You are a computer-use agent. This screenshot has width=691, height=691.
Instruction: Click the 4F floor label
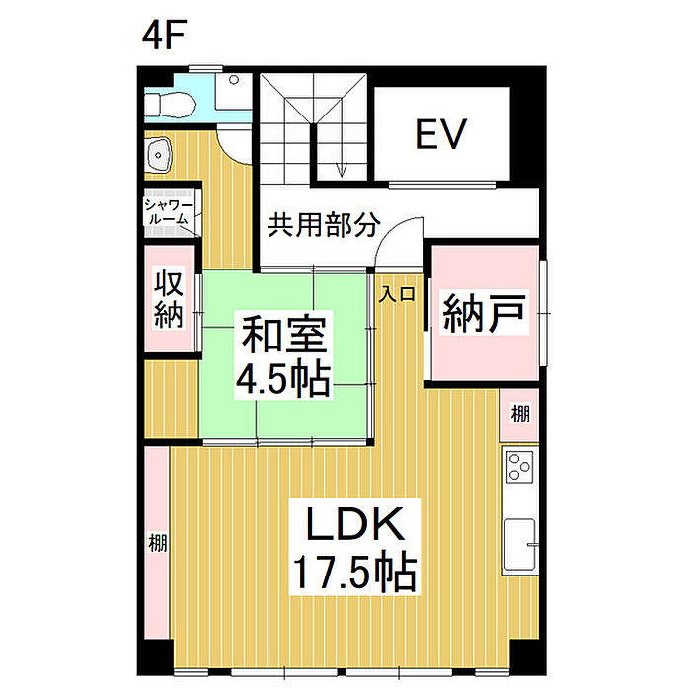164,34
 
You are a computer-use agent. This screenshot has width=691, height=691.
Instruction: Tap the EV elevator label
440,133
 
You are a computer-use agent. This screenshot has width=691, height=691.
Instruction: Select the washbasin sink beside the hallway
158,155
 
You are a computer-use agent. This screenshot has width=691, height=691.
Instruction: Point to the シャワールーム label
169,213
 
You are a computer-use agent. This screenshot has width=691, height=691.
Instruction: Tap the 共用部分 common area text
323,225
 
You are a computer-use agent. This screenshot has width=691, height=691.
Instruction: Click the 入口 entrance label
397,294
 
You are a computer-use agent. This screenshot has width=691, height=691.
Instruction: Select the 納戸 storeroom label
484,313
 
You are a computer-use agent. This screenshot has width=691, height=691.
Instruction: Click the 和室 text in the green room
284,334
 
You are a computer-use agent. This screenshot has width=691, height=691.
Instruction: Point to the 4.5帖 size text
283,378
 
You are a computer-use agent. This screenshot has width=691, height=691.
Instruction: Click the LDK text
354,523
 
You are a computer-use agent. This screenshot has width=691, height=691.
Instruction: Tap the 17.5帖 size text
354,573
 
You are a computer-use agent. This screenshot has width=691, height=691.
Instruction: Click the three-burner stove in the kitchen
519,466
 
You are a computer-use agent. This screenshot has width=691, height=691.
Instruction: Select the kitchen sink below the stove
521,545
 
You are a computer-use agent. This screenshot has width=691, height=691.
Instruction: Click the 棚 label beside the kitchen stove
520,414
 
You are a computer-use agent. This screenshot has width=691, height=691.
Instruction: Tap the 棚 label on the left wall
157,543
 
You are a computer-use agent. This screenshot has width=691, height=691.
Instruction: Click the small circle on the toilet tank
235,80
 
